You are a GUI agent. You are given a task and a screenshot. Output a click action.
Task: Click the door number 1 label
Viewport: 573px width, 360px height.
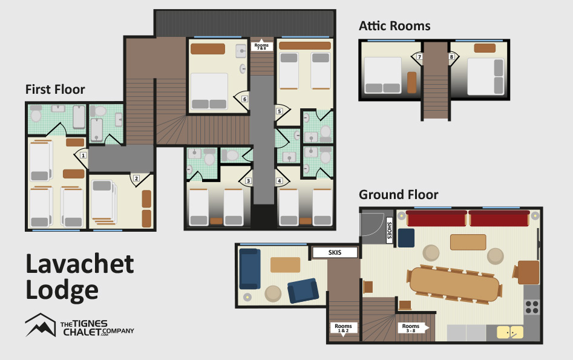[83, 155]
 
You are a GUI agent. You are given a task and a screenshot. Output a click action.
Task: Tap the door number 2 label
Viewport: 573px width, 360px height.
[136, 178]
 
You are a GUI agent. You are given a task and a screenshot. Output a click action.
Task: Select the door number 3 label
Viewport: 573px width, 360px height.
[249, 181]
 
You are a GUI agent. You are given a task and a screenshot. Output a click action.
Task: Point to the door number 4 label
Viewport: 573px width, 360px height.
[279, 181]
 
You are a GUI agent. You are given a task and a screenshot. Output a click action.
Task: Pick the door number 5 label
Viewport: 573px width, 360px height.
[279, 111]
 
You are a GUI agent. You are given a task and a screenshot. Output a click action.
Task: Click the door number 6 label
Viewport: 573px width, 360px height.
[245, 99]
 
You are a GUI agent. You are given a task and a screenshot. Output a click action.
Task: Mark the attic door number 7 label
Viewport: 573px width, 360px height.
[419, 57]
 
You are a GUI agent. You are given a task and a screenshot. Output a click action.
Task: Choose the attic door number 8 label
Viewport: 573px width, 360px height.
[451, 57]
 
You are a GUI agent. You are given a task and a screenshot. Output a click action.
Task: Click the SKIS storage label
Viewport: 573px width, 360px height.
[335, 252]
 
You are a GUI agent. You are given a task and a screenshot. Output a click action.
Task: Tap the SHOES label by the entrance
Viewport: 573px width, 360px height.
[390, 231]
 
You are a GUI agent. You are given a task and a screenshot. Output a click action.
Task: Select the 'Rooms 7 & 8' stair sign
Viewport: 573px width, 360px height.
[261, 45]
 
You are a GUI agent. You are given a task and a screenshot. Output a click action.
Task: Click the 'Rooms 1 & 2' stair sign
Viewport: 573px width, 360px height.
[343, 328]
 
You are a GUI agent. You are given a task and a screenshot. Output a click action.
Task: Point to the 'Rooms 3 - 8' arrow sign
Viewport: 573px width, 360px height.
[413, 328]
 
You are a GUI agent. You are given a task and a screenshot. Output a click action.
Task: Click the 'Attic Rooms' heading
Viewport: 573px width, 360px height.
[395, 26]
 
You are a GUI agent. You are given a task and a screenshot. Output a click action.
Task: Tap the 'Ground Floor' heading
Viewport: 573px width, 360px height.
[399, 194]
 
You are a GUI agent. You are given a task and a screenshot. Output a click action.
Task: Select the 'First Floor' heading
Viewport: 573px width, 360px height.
[55, 89]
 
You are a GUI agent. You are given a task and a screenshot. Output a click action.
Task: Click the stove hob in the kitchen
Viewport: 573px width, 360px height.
[532, 307]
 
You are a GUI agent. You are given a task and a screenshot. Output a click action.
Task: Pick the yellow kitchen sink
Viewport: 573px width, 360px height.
[510, 332]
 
